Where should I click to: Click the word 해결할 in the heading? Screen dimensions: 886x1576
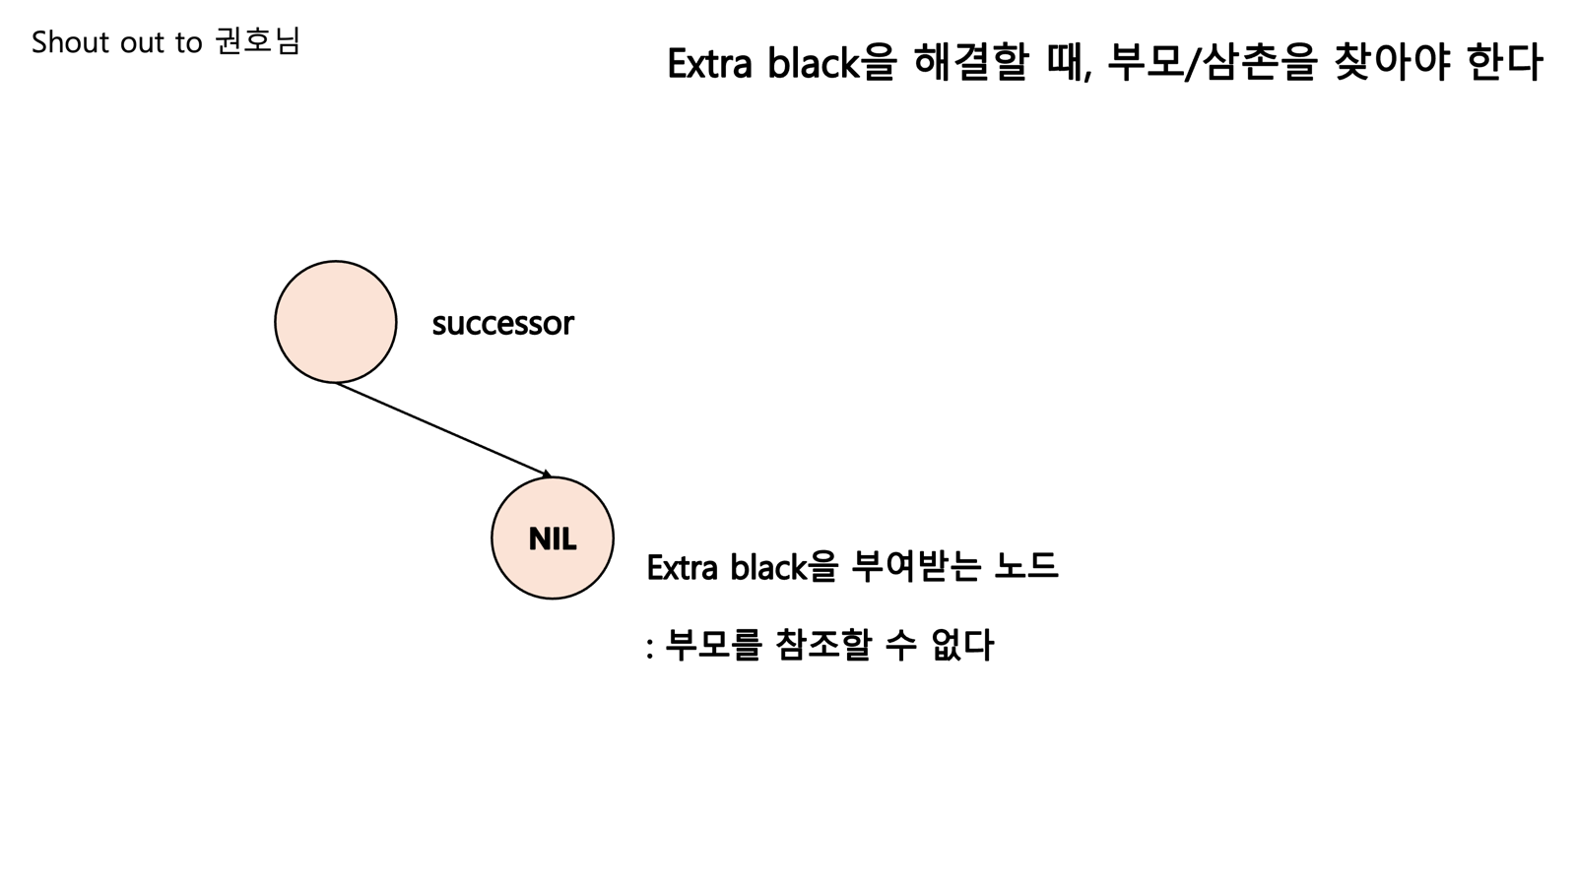pos(971,64)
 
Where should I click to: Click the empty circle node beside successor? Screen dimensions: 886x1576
pos(335,322)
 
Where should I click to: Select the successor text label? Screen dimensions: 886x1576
pos(502,324)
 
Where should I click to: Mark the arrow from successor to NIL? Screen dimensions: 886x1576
pos(443,429)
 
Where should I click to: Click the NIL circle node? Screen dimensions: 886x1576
pos(553,538)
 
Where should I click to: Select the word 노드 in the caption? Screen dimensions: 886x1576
pos(1026,567)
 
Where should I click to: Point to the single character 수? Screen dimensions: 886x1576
pos(900,646)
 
